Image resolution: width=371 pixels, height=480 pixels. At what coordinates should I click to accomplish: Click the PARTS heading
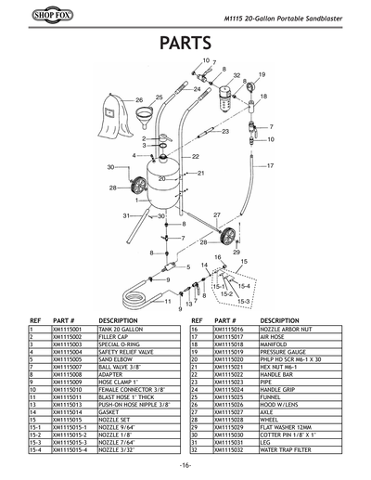point(185,44)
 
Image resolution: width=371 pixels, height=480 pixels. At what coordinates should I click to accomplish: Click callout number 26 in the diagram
point(139,99)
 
